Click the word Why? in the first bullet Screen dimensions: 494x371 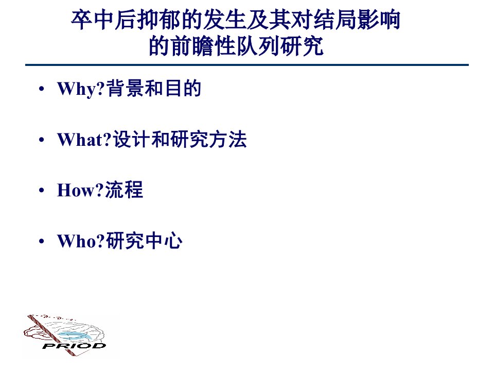[81, 89]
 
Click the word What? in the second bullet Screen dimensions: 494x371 [84, 140]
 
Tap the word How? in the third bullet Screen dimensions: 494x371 [80, 190]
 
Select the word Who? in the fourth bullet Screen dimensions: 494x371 [81, 241]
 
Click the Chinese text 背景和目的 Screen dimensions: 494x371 [154, 88]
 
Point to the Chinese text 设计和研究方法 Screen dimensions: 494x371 [180, 139]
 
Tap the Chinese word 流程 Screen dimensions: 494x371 [124, 190]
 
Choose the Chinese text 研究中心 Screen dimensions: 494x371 [144, 241]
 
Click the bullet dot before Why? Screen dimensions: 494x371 [41, 89]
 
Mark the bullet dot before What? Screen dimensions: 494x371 [41, 140]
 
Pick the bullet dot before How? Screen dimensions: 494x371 [41, 191]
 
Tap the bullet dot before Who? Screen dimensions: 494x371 [41, 241]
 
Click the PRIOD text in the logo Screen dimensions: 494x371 [74, 346]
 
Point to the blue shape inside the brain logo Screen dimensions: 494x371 [75, 335]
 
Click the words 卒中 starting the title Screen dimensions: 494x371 [92, 20]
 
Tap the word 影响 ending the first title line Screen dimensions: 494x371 [378, 20]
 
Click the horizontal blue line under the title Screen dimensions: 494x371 [247, 65]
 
